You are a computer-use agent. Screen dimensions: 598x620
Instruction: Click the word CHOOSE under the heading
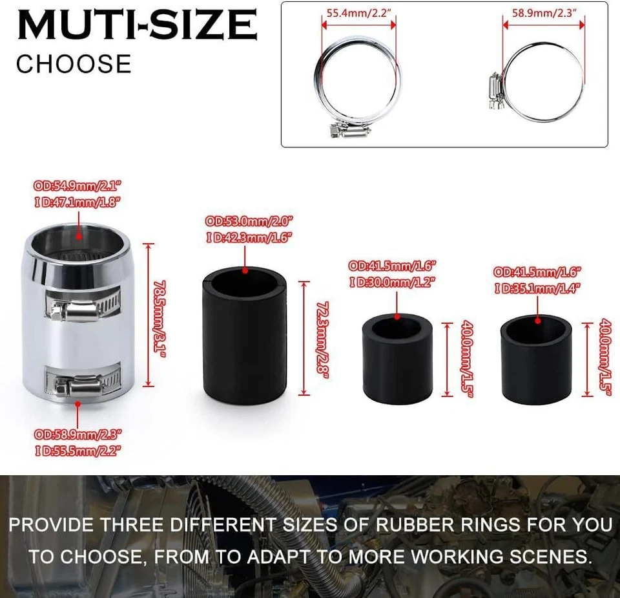click(x=74, y=64)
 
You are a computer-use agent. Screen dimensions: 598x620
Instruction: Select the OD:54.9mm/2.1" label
click(x=78, y=186)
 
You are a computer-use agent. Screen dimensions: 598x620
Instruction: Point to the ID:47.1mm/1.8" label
click(x=78, y=202)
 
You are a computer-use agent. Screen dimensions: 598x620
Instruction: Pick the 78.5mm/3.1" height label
click(x=160, y=315)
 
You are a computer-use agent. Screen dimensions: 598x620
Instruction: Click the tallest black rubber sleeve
click(x=245, y=336)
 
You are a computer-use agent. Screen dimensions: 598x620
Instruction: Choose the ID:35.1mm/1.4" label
click(x=538, y=288)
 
